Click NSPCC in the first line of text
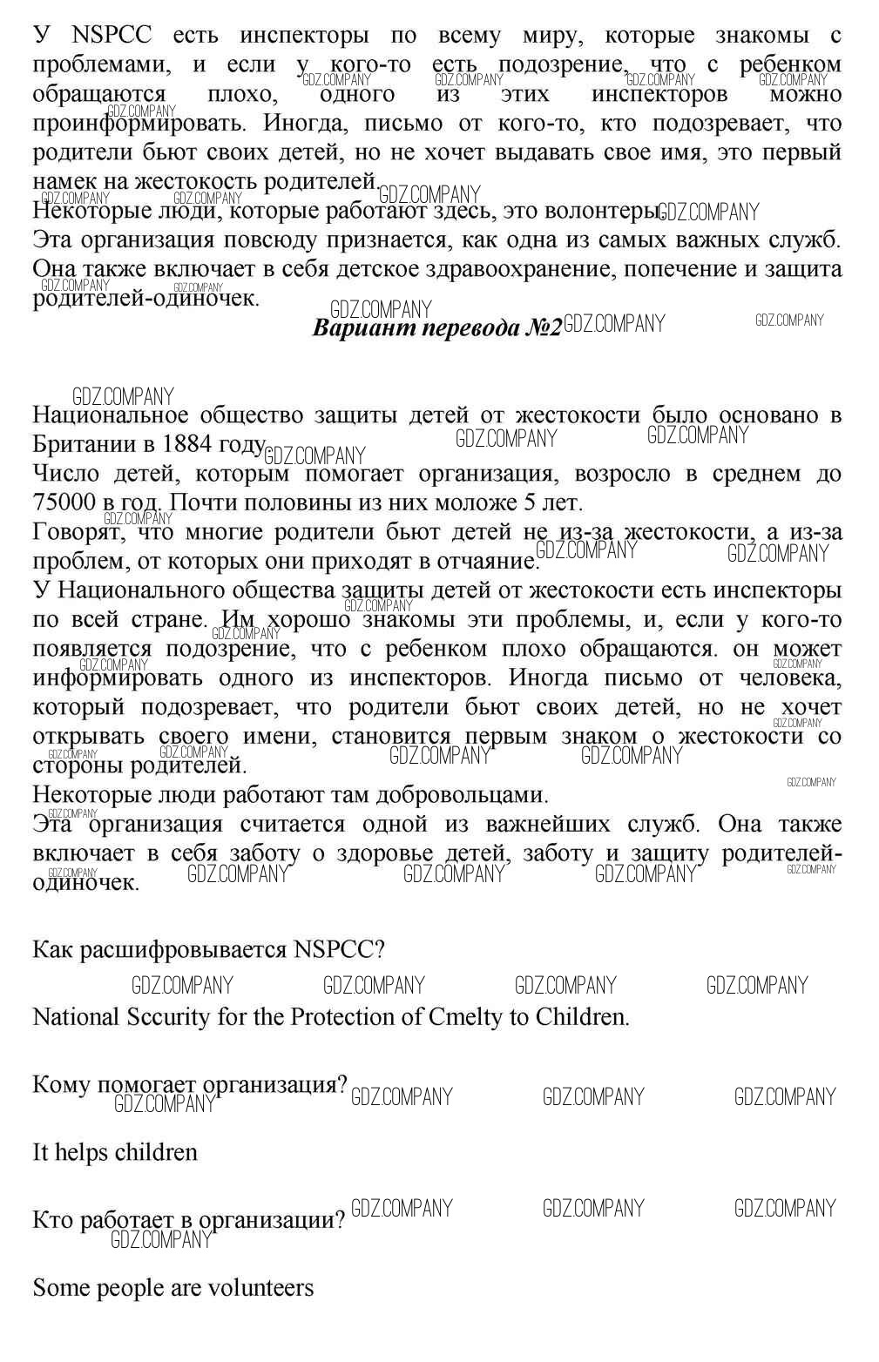[x=111, y=36]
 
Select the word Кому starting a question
[x=62, y=1085]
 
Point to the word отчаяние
[x=484, y=561]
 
